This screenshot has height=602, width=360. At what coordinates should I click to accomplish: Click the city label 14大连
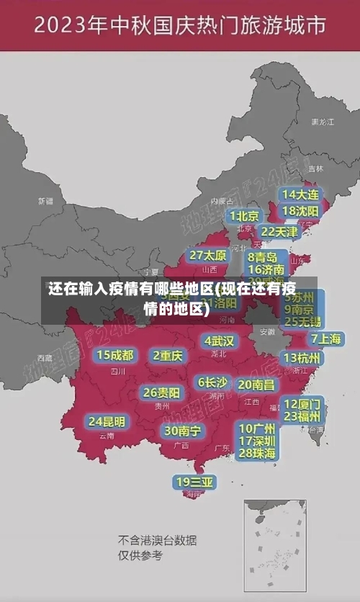pos(300,194)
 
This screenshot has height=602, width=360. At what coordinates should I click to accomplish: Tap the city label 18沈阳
pos(300,211)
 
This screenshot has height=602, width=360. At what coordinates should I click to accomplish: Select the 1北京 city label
pos(245,215)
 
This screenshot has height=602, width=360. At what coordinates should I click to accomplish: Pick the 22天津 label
pos(279,232)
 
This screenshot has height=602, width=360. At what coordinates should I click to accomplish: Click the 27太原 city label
pos(208,256)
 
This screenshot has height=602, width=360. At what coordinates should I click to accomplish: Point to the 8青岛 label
pos(263,256)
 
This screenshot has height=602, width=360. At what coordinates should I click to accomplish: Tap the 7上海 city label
pos(325,338)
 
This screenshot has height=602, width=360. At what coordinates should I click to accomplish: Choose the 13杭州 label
pos(302,358)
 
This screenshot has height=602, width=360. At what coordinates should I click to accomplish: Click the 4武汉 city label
pos(219,341)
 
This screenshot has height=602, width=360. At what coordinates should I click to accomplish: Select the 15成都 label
pos(115,355)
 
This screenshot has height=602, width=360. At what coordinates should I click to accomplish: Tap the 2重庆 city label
pos(168,355)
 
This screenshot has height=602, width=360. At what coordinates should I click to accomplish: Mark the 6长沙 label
pos(212,382)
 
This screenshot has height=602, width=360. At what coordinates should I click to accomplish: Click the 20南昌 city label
pos(256,385)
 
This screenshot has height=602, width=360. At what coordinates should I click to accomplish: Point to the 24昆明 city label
pos(107,421)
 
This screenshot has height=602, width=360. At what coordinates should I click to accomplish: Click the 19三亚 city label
pos(194,481)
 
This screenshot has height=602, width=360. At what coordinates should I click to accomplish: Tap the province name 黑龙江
pos(322,122)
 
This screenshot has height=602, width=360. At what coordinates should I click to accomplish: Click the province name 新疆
pos(45,201)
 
